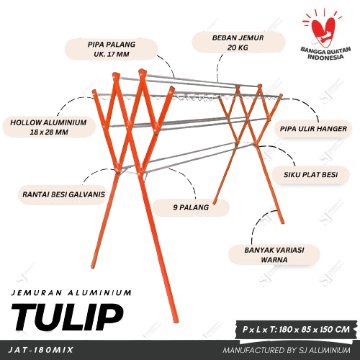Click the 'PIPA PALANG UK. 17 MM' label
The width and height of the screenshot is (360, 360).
tap(112, 49)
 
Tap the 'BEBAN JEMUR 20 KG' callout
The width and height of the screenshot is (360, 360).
tap(238, 42)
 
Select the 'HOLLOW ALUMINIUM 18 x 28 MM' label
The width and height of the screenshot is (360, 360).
tap(49, 127)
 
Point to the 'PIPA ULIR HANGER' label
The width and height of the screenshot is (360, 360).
tap(313, 129)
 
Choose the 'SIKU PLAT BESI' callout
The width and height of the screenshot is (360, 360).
tap(310, 174)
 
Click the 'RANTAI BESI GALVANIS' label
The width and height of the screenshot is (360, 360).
tap(63, 194)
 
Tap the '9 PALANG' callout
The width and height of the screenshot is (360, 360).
tap(191, 207)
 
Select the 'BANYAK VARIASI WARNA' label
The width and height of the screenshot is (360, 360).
tap(274, 255)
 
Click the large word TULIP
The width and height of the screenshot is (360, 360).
tap(67, 317)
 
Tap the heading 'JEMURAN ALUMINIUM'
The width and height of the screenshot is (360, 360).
tap(71, 293)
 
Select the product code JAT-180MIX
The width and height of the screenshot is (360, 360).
tap(40, 350)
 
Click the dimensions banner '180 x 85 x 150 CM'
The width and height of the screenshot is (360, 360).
tap(296, 329)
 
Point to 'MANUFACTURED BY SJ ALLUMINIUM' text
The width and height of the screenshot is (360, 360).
tap(287, 350)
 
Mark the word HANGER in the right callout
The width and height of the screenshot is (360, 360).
tap(332, 129)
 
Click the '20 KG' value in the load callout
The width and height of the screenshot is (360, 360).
tap(238, 48)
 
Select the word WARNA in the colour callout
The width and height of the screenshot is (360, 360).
tap(274, 260)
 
